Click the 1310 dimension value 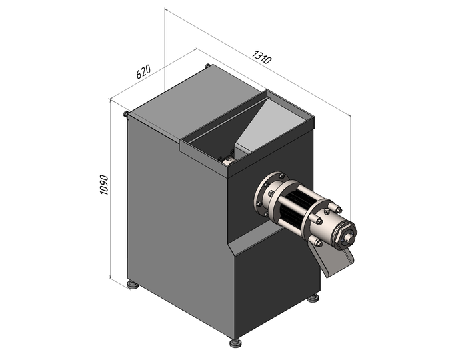click(261, 57)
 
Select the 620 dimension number click(143, 71)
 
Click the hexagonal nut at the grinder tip click(348, 236)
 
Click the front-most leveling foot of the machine click(235, 343)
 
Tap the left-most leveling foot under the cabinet click(133, 285)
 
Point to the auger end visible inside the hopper click(227, 160)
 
